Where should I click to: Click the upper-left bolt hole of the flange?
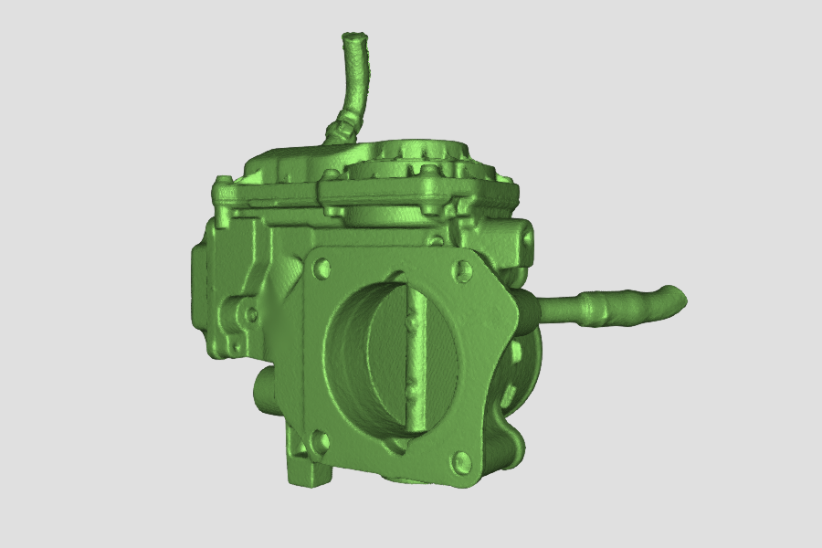click(x=321, y=269)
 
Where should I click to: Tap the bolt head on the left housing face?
click(x=250, y=314)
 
